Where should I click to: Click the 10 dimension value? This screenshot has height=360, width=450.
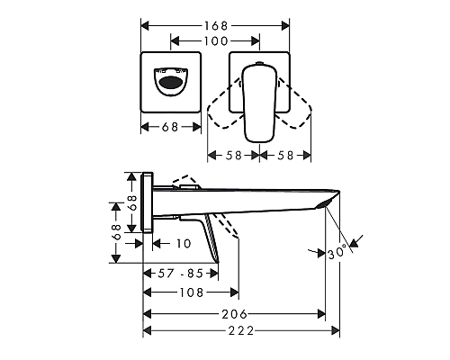[x=184, y=243]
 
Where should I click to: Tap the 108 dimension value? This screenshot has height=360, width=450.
[x=191, y=292]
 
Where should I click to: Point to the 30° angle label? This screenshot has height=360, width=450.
[x=337, y=253]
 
